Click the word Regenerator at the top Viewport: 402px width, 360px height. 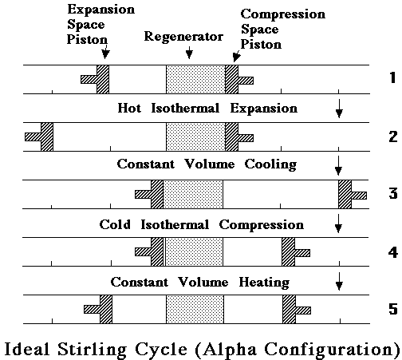(183, 37)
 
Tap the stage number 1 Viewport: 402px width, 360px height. (392, 77)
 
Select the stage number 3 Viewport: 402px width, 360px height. (393, 193)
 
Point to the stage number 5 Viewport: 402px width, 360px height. (393, 309)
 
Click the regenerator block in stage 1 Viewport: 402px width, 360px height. (195, 79)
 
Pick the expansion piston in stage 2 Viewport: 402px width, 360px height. (39, 136)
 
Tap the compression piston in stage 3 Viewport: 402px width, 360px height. (353, 194)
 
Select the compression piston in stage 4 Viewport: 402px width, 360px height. (296, 251)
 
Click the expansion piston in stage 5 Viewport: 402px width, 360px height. (98, 309)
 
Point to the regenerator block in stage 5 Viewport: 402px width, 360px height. (195, 309)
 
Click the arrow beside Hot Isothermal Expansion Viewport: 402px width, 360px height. (339, 109)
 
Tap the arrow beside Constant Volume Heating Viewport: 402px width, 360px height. (339, 281)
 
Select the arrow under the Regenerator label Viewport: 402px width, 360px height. (189, 53)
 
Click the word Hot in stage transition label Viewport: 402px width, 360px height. (129, 109)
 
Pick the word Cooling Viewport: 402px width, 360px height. (270, 164)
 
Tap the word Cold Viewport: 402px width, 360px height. (115, 224)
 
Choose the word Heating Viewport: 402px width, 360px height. (264, 283)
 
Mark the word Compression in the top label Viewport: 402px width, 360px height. (283, 14)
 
